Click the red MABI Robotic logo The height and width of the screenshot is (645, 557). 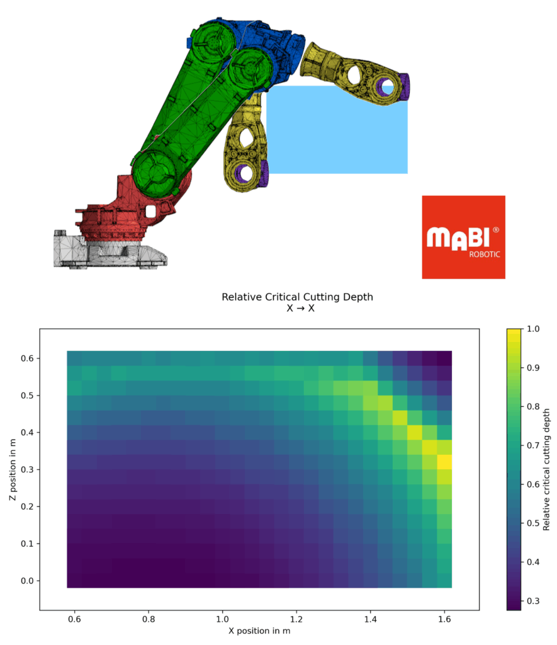463,237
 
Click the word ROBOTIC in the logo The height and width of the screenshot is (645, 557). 484,254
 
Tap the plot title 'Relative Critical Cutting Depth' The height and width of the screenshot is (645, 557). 297,297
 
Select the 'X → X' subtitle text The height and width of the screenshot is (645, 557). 300,309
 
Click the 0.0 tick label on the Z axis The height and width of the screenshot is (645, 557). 28,581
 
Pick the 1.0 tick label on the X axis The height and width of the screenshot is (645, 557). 222,619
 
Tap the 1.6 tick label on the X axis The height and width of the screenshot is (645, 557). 444,619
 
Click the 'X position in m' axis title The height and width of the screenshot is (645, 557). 259,631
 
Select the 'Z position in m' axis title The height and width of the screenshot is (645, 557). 13,469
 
